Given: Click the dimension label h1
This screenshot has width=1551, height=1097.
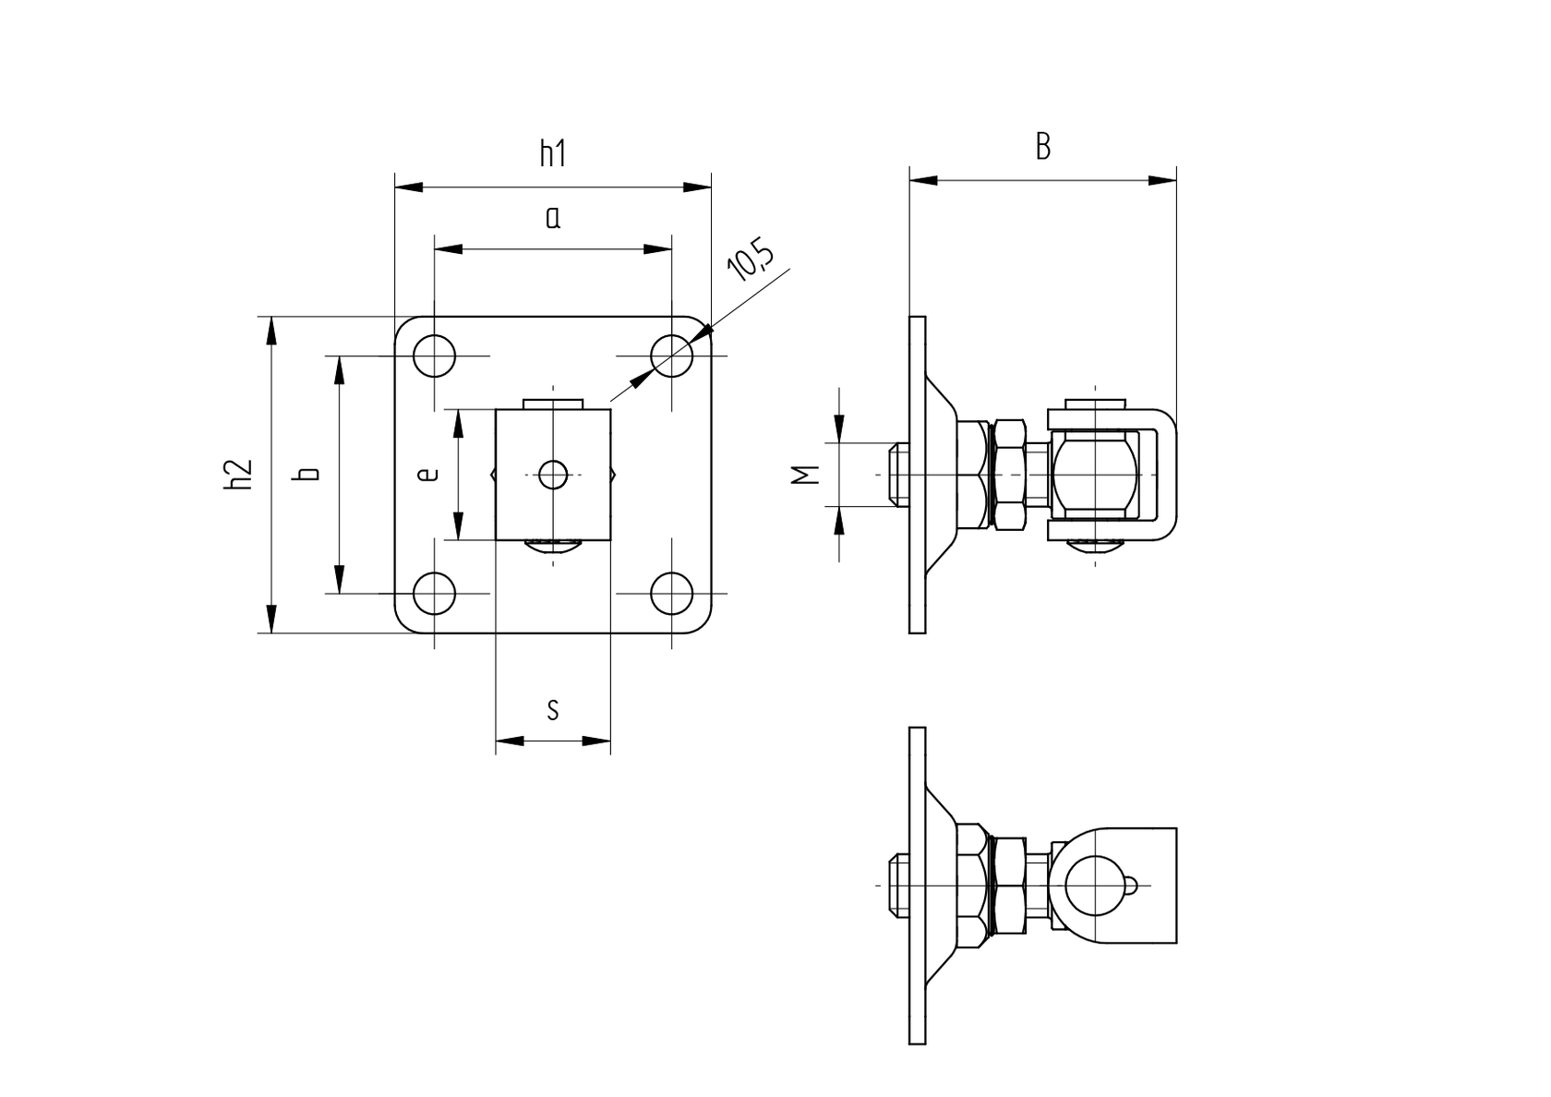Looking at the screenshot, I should point(552,153).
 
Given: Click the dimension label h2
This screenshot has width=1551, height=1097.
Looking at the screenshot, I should point(238,475).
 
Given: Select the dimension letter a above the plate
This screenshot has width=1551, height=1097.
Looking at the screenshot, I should point(552,218).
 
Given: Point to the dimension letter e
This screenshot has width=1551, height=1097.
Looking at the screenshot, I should point(427,475).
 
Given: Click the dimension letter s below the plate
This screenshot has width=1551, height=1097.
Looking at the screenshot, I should point(552,709).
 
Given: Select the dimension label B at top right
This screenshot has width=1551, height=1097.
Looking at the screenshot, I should point(1042,146).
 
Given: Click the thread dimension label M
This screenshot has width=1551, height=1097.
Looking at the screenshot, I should point(805,475).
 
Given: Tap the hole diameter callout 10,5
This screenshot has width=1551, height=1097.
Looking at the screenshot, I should point(750,260).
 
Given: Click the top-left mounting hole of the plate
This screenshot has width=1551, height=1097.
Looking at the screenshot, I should point(434,356).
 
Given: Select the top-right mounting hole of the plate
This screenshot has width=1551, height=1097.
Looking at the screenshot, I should point(671,356).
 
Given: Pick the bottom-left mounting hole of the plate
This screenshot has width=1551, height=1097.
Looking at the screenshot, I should point(434,593).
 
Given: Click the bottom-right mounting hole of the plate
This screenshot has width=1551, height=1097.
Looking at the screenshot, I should point(671,593).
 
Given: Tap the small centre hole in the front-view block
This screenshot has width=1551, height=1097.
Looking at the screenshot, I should point(553,475).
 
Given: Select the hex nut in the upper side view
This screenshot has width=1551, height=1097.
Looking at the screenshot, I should point(1006,475).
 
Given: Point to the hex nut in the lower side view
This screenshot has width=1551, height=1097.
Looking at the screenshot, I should point(1006,885).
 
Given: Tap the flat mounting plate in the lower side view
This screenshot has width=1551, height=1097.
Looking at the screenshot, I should point(917,885).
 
